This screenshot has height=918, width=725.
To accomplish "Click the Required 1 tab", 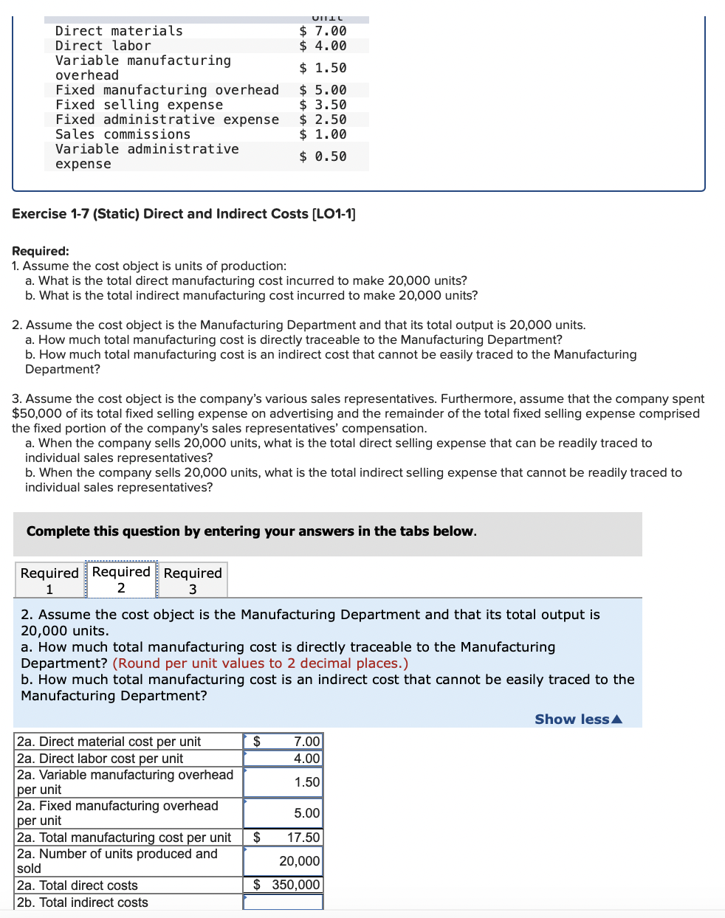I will point(49,580).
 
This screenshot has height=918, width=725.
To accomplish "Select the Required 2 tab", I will point(121,580).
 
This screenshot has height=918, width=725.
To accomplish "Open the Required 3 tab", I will point(193,580).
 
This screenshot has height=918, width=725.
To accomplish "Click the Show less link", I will point(578,719).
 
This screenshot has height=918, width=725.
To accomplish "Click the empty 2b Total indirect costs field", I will point(283,902).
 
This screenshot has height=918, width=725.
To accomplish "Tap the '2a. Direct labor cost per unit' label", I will point(100,759).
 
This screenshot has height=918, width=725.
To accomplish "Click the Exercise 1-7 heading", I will point(184,214).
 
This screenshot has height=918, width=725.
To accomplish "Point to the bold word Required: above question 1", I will point(41,251).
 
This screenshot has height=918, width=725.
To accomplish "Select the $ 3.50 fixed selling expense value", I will point(323,105).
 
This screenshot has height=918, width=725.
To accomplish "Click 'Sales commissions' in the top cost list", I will point(123,134).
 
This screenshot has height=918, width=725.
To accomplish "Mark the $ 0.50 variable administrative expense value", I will point(323,156).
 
